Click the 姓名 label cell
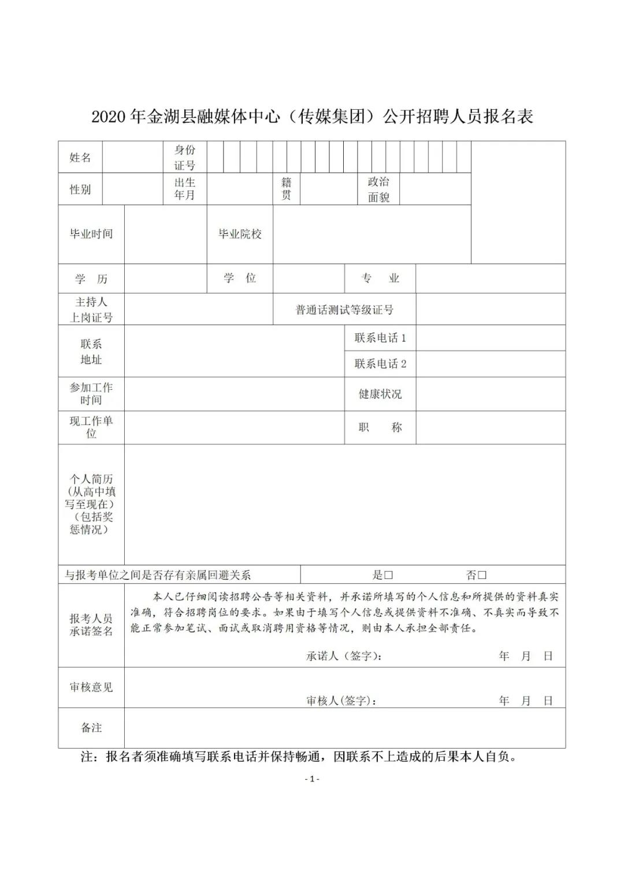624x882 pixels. coord(80,157)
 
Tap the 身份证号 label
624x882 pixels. coord(185,157)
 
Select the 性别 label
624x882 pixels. coord(80,189)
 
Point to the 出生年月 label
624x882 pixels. coord(185,189)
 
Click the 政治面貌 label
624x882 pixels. coord(378,189)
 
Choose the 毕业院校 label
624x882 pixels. coord(240,234)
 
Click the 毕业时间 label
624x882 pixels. coord(91,234)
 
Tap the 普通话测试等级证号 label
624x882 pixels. coord(344,310)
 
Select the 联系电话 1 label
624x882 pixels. coord(380,338)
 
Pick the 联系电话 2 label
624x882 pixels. coord(380,364)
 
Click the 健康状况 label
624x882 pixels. coord(380,394)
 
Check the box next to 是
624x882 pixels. coord(389,575)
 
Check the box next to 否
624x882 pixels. coord(482,575)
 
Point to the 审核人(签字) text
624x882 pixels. coord(342,701)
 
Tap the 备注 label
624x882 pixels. coord(91,728)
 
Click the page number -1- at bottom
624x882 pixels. coord(312,779)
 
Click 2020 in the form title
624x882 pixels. coord(109,117)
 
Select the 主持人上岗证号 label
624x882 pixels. coord(91,310)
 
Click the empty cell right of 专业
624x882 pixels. coord(491,278)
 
